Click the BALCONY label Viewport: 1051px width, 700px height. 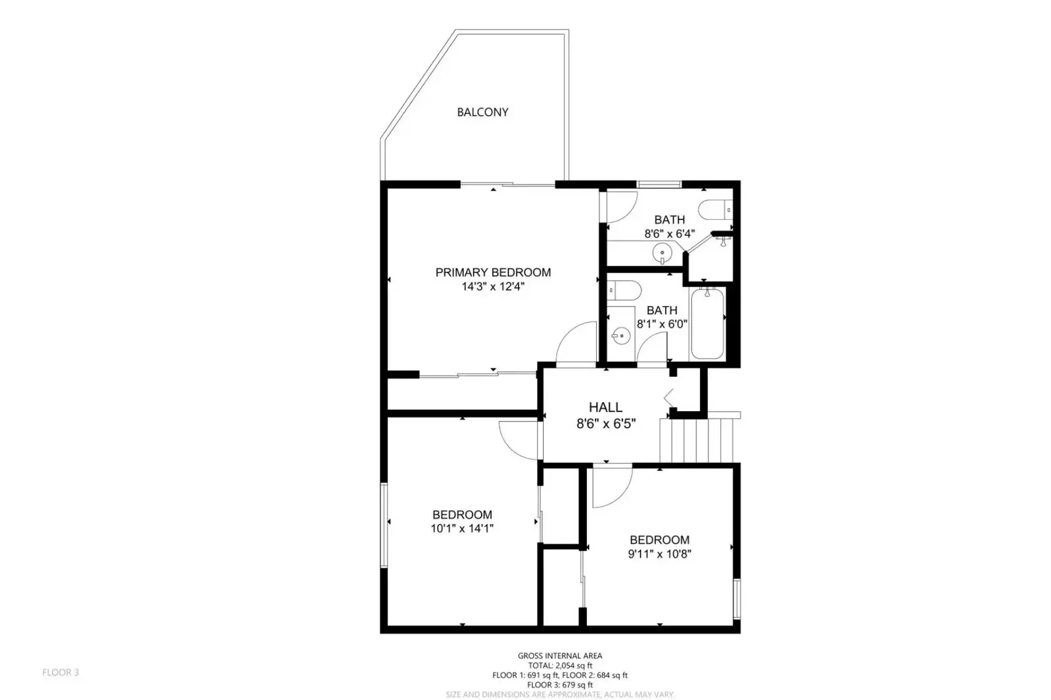click(x=482, y=112)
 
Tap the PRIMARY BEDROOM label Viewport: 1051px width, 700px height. click(x=493, y=272)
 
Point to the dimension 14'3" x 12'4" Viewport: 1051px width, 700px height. click(x=493, y=286)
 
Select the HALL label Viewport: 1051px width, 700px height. click(x=605, y=407)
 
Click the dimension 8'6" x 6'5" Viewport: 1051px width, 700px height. click(x=605, y=424)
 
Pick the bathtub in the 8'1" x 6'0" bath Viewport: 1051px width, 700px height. click(x=708, y=324)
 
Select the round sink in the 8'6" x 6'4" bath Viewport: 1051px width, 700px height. click(x=662, y=252)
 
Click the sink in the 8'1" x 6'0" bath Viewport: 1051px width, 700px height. click(x=620, y=337)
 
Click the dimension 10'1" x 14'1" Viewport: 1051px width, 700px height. click(x=462, y=528)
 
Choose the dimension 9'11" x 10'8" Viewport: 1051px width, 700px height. click(x=659, y=554)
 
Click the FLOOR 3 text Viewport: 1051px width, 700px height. click(x=60, y=672)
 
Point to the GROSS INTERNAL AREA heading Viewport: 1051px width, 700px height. click(x=559, y=655)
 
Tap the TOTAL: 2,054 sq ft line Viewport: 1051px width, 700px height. click(x=559, y=665)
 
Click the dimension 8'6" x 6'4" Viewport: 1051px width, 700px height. click(x=669, y=233)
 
